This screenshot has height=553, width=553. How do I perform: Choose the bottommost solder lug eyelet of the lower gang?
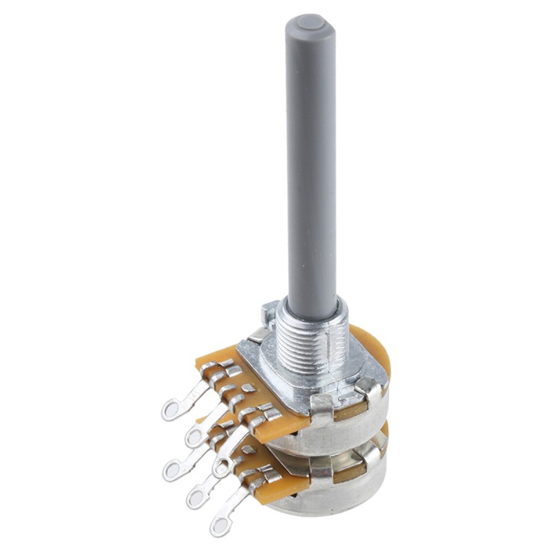[220, 526]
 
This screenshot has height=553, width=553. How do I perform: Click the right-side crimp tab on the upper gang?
[373, 391]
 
